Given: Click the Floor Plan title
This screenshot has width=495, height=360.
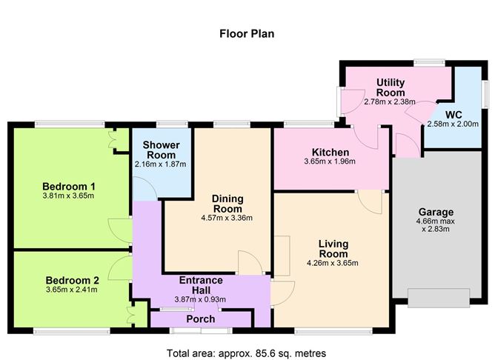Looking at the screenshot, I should click(247, 33).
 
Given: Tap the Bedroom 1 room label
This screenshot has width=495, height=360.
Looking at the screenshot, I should click(73, 185).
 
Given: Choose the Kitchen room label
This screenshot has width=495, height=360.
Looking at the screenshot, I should click(330, 152).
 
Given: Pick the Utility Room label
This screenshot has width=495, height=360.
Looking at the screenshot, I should click(390, 87).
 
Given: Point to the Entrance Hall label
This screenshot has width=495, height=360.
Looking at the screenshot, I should click(201, 284).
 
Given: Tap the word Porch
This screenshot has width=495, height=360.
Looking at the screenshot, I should click(200, 319).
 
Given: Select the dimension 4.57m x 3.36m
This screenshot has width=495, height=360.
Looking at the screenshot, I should click(227, 218).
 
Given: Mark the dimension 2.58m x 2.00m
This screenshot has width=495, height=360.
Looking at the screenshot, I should click(453, 124).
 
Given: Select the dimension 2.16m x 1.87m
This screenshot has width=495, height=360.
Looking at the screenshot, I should click(160, 164).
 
